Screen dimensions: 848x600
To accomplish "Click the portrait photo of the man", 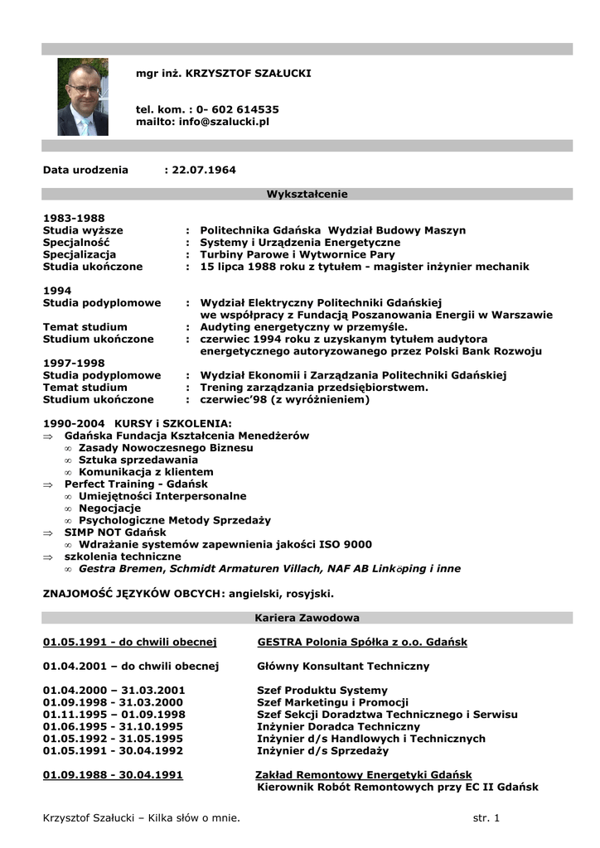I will (x=83, y=97).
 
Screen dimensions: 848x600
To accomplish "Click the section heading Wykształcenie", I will (x=307, y=194).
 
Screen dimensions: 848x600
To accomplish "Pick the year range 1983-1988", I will (x=74, y=218).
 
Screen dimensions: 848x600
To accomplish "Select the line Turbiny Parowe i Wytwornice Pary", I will (x=298, y=254).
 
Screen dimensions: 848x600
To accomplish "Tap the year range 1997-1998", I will (x=74, y=363).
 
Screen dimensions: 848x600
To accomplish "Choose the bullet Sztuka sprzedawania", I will (x=138, y=460).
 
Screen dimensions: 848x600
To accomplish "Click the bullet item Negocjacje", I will (x=109, y=508).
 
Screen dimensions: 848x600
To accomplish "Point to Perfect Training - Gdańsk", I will (x=136, y=484).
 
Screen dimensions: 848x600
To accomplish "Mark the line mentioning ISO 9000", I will (x=225, y=544).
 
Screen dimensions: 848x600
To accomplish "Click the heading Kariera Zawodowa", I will (x=307, y=618).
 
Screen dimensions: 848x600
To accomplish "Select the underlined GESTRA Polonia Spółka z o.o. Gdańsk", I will (x=362, y=642).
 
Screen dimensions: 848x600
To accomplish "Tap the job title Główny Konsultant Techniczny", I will (x=343, y=666).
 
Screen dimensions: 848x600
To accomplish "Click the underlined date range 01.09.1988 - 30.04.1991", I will (x=113, y=775).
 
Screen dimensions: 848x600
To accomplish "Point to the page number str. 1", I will (x=486, y=818).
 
